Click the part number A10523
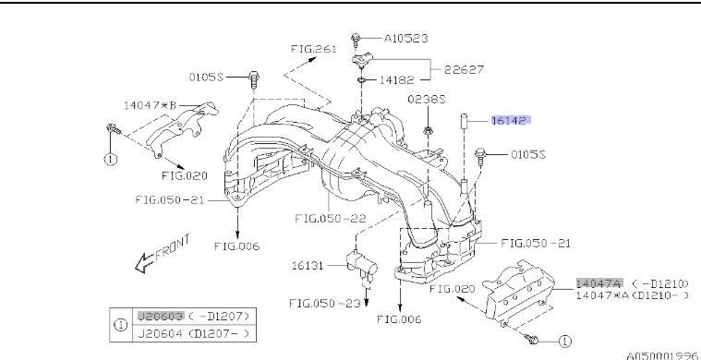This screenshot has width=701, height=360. pyautogui.click(x=406, y=39)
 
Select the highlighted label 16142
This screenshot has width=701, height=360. pyautogui.click(x=511, y=120)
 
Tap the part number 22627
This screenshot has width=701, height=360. pyautogui.click(x=464, y=69)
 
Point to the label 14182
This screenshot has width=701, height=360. pyautogui.click(x=397, y=80)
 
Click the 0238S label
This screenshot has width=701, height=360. pyautogui.click(x=427, y=99)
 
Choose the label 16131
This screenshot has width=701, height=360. pyautogui.click(x=308, y=266)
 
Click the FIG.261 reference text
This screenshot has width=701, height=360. pyautogui.click(x=313, y=49)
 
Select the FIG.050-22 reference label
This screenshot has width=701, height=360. pyautogui.click(x=331, y=219)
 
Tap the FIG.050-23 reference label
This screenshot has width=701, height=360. pyautogui.click(x=324, y=304)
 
